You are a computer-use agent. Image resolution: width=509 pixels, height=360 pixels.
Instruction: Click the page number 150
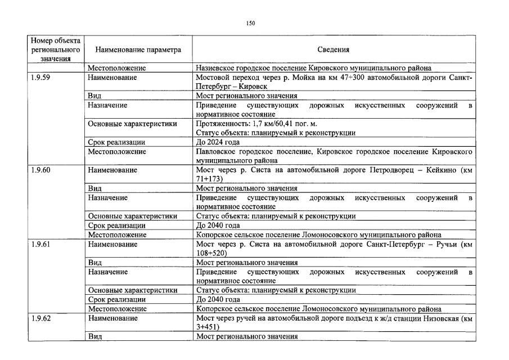click(x=250, y=23)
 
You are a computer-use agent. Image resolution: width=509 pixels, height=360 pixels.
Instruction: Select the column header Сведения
click(x=333, y=49)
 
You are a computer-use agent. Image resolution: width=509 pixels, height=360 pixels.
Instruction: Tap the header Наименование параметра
click(x=138, y=49)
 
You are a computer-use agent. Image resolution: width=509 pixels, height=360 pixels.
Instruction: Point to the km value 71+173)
click(x=209, y=179)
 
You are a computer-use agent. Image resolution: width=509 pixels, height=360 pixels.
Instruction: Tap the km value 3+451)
click(x=208, y=327)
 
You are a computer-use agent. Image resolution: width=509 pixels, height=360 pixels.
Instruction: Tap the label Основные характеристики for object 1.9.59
click(x=132, y=124)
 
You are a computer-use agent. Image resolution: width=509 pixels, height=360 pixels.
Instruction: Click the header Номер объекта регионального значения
click(x=56, y=49)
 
